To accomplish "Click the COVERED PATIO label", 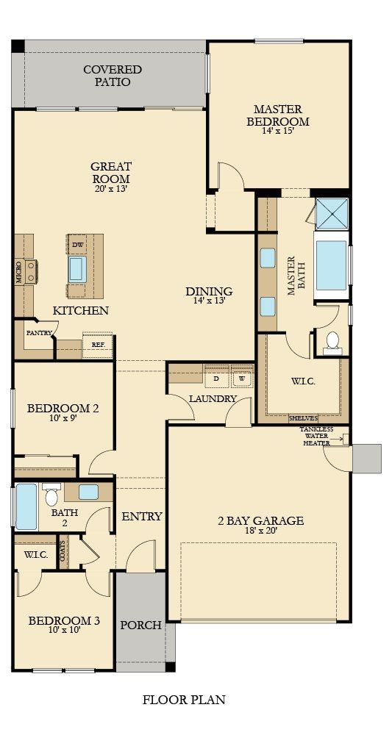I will click(112, 76).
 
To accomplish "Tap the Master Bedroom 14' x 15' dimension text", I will click(277, 132).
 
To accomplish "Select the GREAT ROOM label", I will click(110, 173).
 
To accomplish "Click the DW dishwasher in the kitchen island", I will click(77, 245).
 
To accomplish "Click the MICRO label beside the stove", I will click(19, 271).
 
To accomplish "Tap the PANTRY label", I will click(38, 332).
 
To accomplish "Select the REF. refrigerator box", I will click(97, 344).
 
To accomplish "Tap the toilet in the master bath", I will click(332, 340).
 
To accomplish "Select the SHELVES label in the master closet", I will click(302, 418).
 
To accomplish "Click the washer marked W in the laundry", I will click(241, 379).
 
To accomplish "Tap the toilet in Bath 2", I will click(51, 496).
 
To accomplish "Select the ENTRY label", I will click(141, 517).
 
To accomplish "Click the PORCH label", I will click(140, 625).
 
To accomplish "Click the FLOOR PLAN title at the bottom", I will click(184, 700).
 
